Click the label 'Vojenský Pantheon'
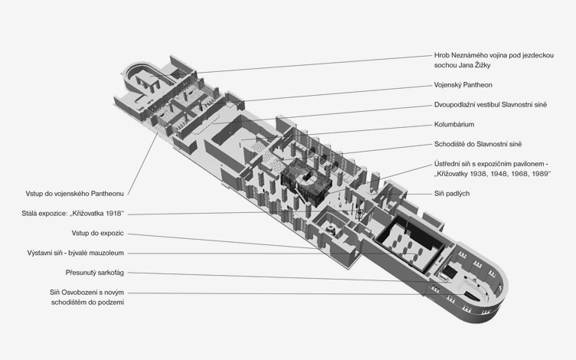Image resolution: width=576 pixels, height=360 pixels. (463, 85)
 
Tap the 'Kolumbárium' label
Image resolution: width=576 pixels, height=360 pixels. (454, 125)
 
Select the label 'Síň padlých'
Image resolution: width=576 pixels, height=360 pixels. (452, 194)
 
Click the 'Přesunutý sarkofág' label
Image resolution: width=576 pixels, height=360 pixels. (95, 273)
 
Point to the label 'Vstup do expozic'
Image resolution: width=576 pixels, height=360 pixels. (98, 234)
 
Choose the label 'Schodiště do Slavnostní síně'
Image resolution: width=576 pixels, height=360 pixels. (478, 144)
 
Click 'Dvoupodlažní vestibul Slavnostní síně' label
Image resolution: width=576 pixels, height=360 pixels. (490, 105)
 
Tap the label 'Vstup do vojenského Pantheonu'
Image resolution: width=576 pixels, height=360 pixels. (74, 194)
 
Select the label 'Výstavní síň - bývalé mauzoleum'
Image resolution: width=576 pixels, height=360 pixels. (75, 253)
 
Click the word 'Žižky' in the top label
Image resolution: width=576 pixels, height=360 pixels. (483, 65)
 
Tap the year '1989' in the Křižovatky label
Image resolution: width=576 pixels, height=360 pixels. (540, 174)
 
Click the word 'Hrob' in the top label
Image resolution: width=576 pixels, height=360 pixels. (441, 55)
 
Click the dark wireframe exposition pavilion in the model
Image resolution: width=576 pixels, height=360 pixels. (306, 181)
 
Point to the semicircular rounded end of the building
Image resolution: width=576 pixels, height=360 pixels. (489, 290)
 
